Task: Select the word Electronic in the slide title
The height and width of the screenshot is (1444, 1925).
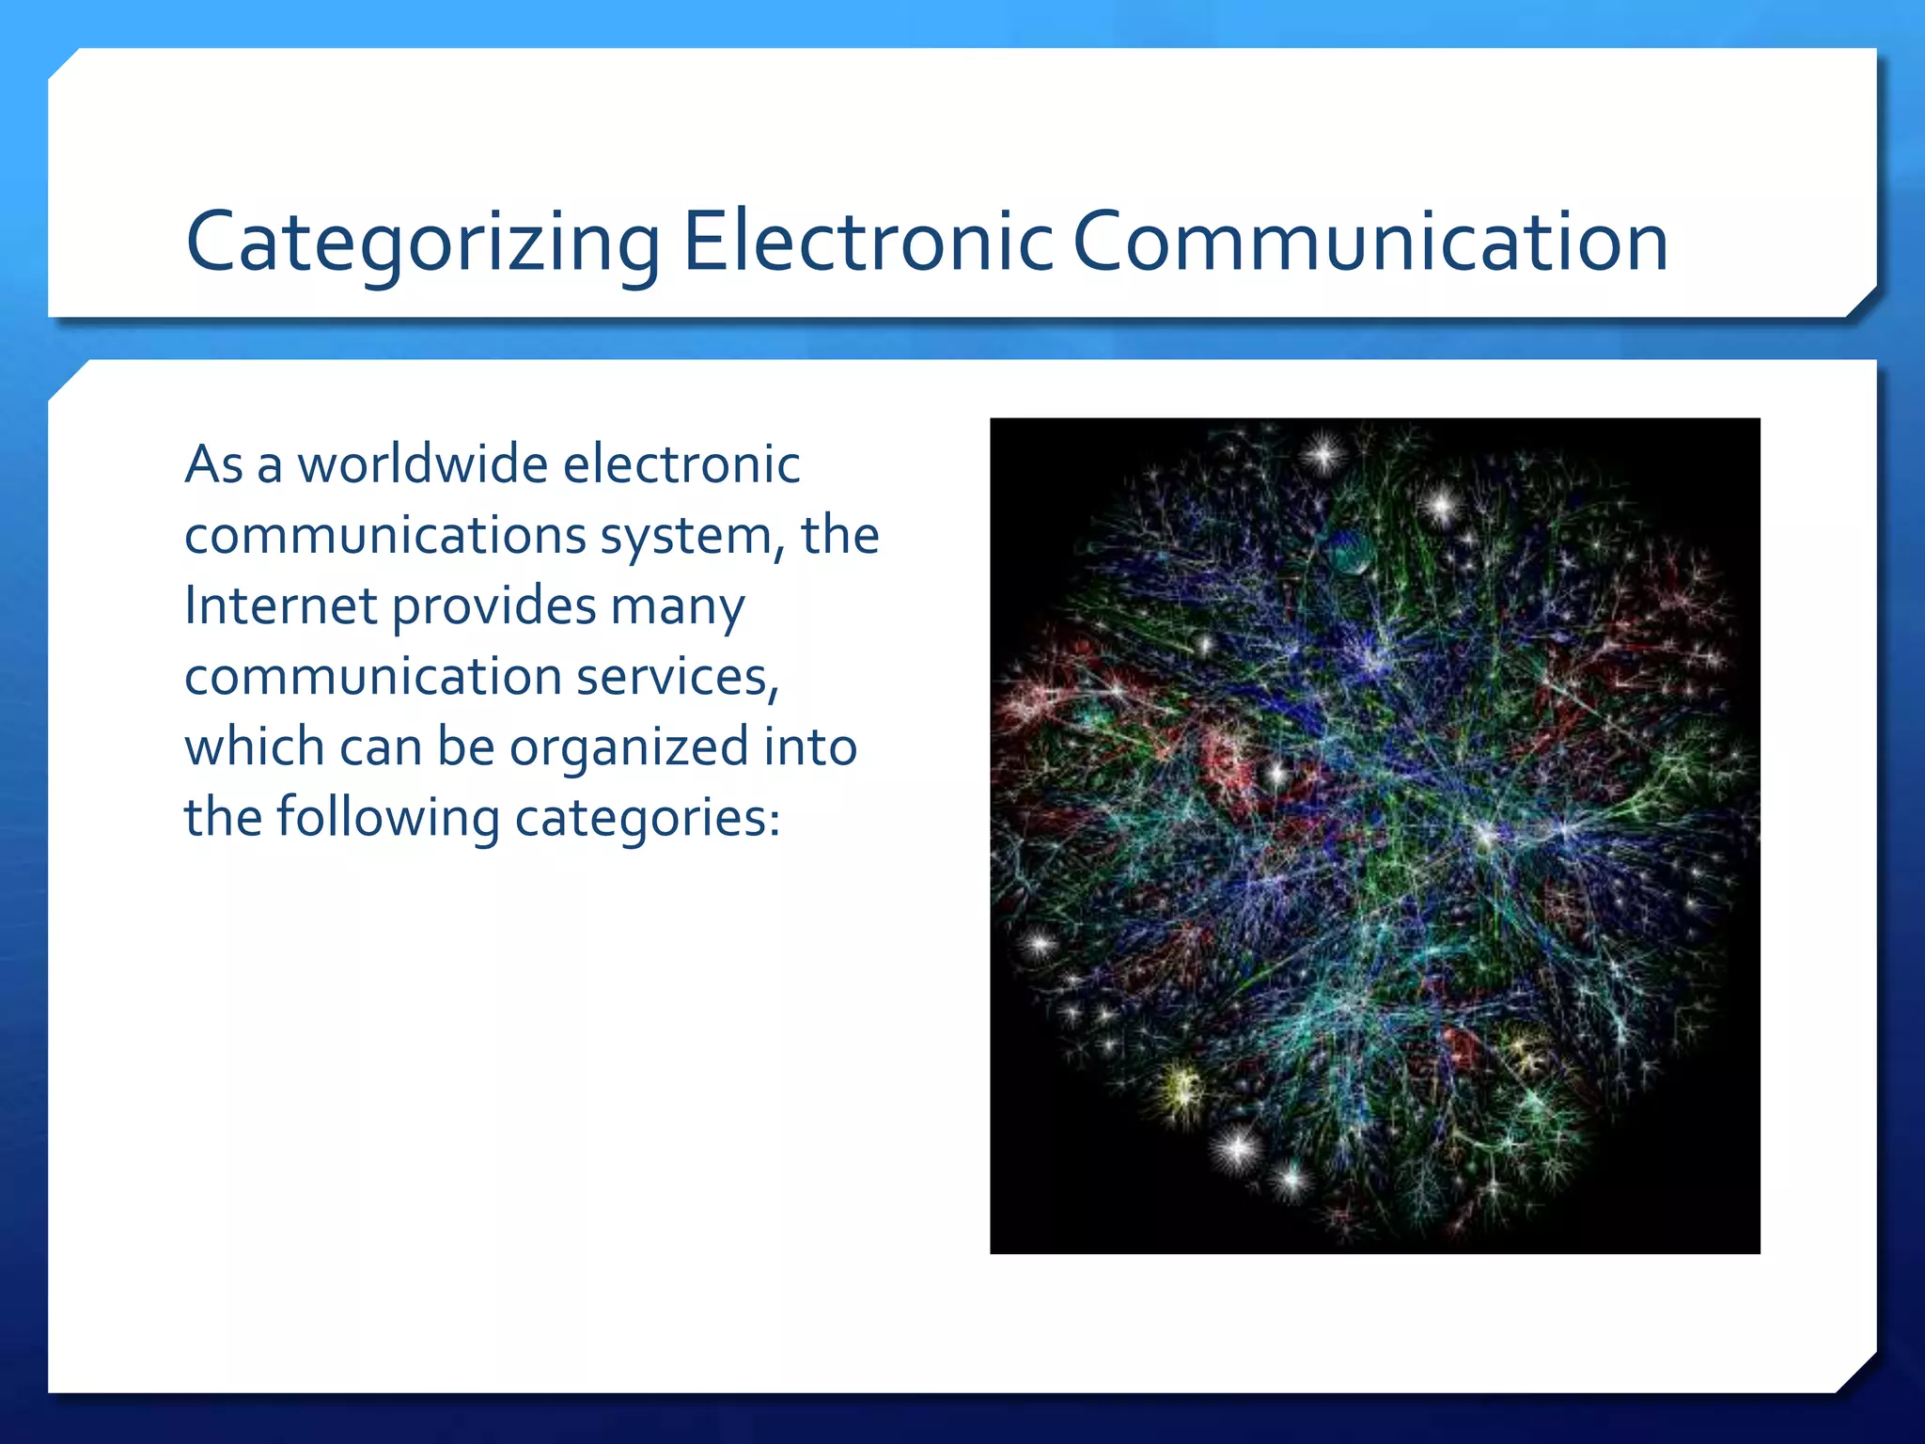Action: point(868,243)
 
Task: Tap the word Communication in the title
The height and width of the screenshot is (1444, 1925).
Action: point(1369,243)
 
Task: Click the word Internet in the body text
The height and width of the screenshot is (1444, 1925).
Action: point(279,605)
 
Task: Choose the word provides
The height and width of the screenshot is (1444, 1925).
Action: point(493,607)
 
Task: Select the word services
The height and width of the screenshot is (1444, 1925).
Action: point(677,677)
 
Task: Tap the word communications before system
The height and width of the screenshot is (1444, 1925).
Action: point(385,536)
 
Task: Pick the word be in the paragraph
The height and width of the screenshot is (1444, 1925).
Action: point(465,747)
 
